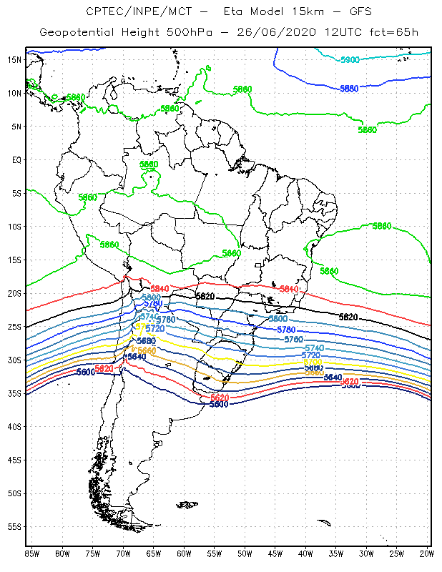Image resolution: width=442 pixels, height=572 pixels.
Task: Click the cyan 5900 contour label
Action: pyautogui.click(x=350, y=60)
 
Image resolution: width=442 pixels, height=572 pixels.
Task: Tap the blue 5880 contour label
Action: pyautogui.click(x=349, y=88)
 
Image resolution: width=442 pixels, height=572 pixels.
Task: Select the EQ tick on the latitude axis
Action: pyautogui.click(x=16, y=159)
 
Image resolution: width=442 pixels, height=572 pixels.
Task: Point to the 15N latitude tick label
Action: pyautogui.click(x=14, y=59)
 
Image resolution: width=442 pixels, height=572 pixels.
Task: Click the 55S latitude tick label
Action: pyautogui.click(x=14, y=526)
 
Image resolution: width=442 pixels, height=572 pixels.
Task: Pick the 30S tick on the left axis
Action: pyautogui.click(x=14, y=360)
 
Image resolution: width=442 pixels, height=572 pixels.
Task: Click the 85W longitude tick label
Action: pyautogui.click(x=31, y=553)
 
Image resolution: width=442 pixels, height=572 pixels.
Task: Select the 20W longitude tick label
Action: pyautogui.click(x=427, y=553)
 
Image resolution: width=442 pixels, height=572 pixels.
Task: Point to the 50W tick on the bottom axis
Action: pyautogui.click(x=245, y=553)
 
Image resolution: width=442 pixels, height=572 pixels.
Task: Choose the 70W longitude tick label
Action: pyautogui.click(x=123, y=553)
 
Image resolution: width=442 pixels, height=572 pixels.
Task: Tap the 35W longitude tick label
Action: pyautogui.click(x=336, y=553)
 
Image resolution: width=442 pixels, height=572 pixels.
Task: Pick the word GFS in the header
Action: pyautogui.click(x=343, y=11)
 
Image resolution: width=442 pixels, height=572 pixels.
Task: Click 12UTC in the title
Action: pyautogui.click(x=323, y=32)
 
